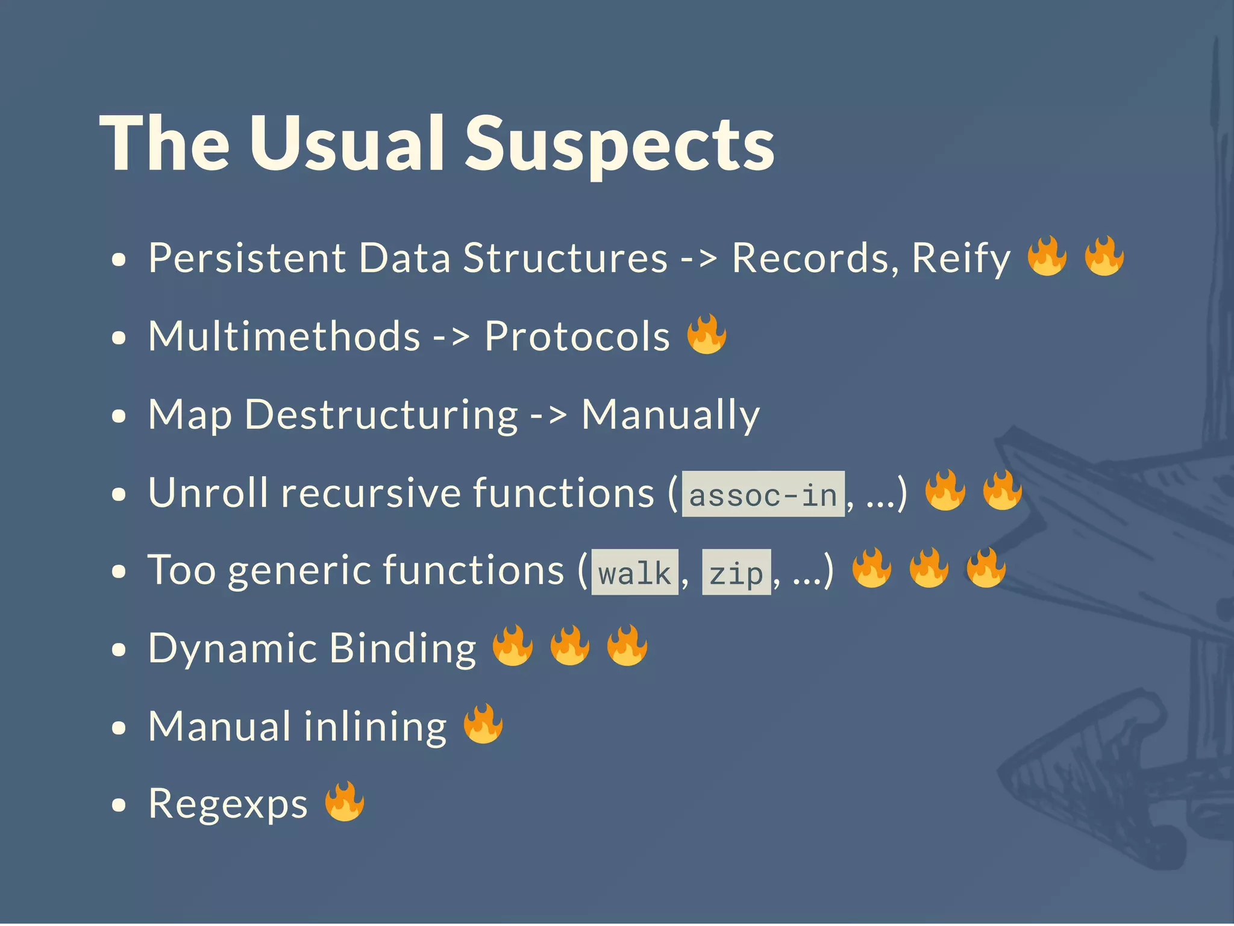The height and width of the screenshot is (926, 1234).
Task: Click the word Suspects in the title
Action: [x=619, y=144]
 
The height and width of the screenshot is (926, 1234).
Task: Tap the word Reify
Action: [x=961, y=259]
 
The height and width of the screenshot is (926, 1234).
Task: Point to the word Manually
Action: [x=670, y=415]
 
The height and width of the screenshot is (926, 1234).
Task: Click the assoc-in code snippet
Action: [x=763, y=495]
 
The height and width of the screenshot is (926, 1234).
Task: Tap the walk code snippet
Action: [x=634, y=573]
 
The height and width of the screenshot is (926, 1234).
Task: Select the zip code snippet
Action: [x=736, y=573]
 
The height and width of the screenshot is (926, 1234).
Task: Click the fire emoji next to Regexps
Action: [x=345, y=802]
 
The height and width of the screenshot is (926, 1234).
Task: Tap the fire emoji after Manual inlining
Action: [x=483, y=724]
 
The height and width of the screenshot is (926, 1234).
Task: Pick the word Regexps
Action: [x=228, y=804]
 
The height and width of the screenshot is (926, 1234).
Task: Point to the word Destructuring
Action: [x=381, y=415]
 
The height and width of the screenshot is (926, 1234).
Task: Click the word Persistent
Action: [x=247, y=259]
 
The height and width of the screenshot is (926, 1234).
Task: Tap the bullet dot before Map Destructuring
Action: [x=119, y=417]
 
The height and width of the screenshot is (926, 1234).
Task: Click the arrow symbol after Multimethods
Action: [x=451, y=337]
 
